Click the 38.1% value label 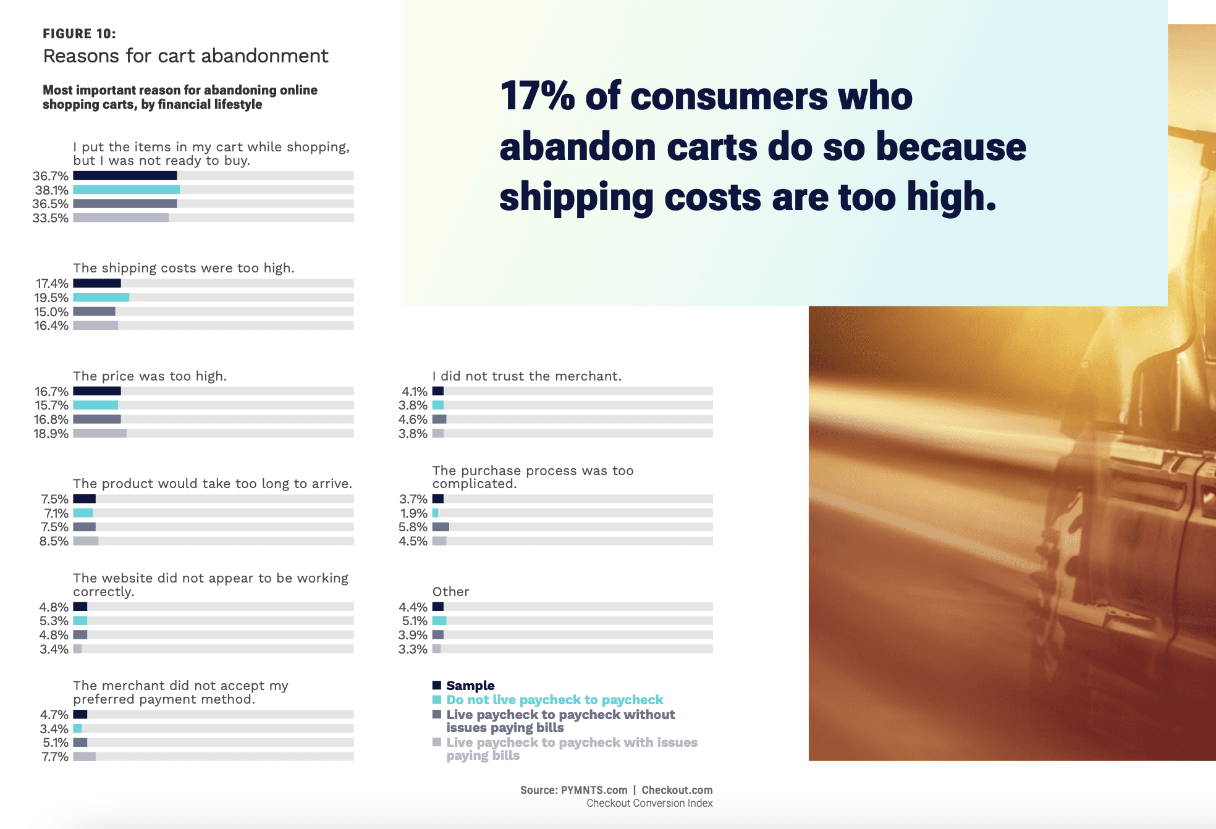pyautogui.click(x=51, y=190)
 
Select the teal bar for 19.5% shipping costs pyautogui.click(x=101, y=298)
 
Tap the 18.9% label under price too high pyautogui.click(x=51, y=434)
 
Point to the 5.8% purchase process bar pyautogui.click(x=441, y=527)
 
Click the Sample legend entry pyautogui.click(x=470, y=686)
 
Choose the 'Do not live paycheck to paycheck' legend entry pyautogui.click(x=554, y=700)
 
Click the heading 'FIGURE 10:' pyautogui.click(x=79, y=34)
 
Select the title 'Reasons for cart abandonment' pyautogui.click(x=185, y=56)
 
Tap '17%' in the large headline pyautogui.click(x=537, y=96)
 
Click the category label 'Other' pyautogui.click(x=450, y=592)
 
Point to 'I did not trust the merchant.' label pyautogui.click(x=526, y=376)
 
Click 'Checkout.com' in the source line pyautogui.click(x=677, y=790)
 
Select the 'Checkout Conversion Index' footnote pyautogui.click(x=649, y=803)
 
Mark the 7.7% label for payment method pyautogui.click(x=55, y=757)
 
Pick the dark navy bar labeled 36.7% pyautogui.click(x=125, y=176)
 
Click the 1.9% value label pyautogui.click(x=414, y=513)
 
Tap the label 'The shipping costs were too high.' pyautogui.click(x=184, y=268)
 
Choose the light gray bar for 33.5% pyautogui.click(x=120, y=218)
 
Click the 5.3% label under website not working pyautogui.click(x=54, y=621)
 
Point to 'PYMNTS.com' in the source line pyautogui.click(x=594, y=790)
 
